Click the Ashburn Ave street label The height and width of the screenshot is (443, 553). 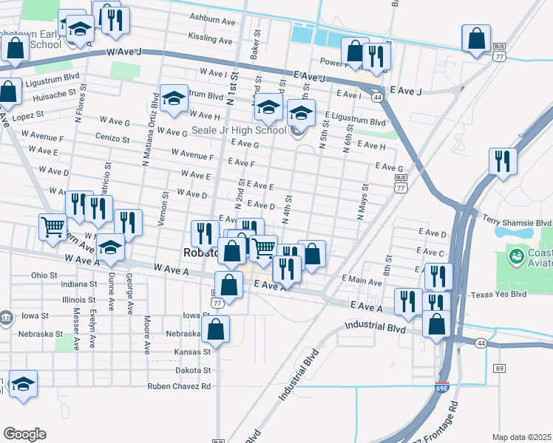[x=211, y=22]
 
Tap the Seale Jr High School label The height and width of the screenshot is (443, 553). [x=238, y=131]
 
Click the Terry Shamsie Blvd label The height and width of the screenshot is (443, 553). [x=517, y=221]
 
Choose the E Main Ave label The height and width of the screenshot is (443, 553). [x=362, y=281]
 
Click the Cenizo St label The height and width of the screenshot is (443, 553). [x=113, y=138]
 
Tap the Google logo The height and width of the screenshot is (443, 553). [x=24, y=434]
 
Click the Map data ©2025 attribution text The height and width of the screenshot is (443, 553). [x=521, y=437]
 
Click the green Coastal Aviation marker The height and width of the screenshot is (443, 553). [x=516, y=257]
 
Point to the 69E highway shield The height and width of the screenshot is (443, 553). [x=441, y=386]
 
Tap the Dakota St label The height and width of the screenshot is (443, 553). [x=192, y=370]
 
